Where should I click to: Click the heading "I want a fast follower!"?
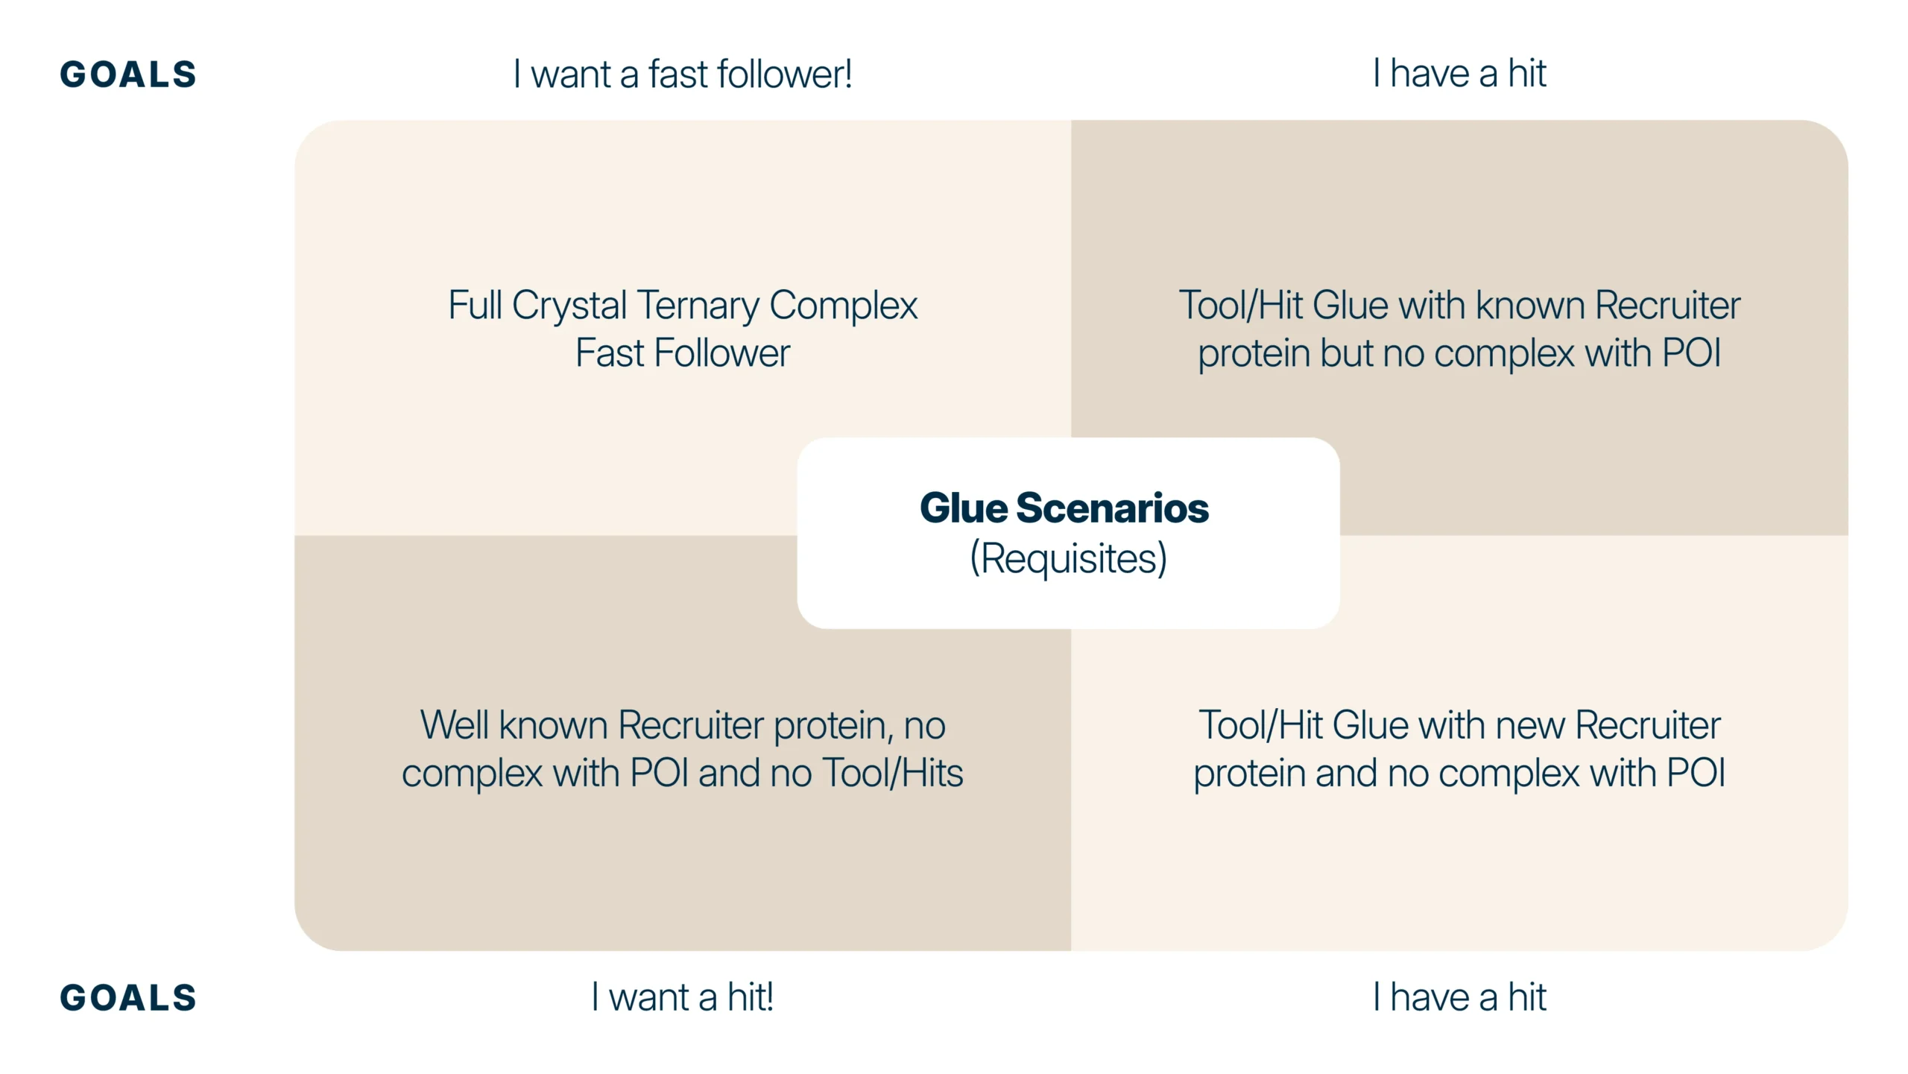pos(682,74)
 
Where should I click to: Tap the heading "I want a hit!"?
pos(682,997)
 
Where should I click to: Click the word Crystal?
pos(569,306)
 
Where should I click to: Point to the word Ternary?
pos(698,306)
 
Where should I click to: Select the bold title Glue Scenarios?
pos(1064,508)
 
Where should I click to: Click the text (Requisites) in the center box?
pos(1068,559)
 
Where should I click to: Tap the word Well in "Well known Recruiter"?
pos(454,725)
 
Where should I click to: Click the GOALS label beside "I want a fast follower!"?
pos(128,75)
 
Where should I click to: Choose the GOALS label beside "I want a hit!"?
pos(128,998)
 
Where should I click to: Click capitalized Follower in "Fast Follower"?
pos(721,353)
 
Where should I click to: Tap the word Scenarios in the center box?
pos(1112,508)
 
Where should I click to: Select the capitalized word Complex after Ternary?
pos(843,306)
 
